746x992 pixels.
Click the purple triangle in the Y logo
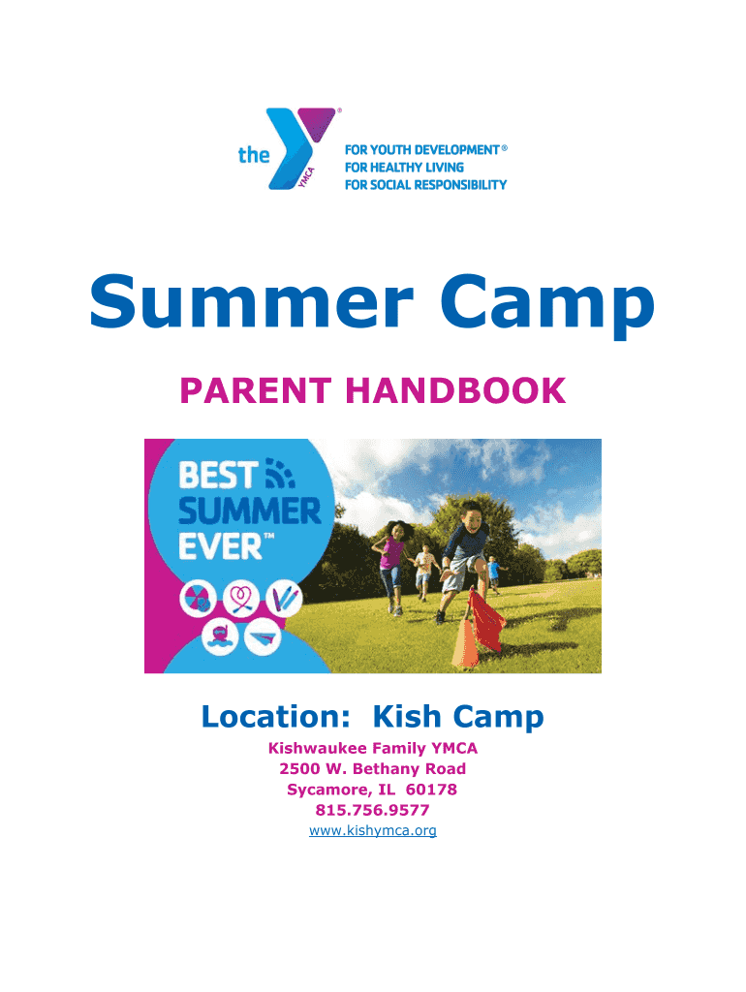click(315, 121)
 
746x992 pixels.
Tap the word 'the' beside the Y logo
click(254, 154)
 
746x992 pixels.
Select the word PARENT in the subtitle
click(256, 390)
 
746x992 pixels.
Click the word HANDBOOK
click(455, 390)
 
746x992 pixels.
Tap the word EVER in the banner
click(220, 546)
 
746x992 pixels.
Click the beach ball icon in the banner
click(198, 599)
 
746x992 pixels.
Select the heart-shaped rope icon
click(241, 599)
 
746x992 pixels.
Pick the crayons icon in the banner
click(284, 599)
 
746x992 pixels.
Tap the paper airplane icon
click(263, 635)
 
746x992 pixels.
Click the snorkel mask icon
click(220, 635)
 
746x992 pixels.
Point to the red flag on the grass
click(486, 621)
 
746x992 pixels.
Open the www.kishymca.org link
click(373, 830)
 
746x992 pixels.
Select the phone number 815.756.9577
click(373, 810)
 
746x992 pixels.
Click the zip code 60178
click(431, 790)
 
